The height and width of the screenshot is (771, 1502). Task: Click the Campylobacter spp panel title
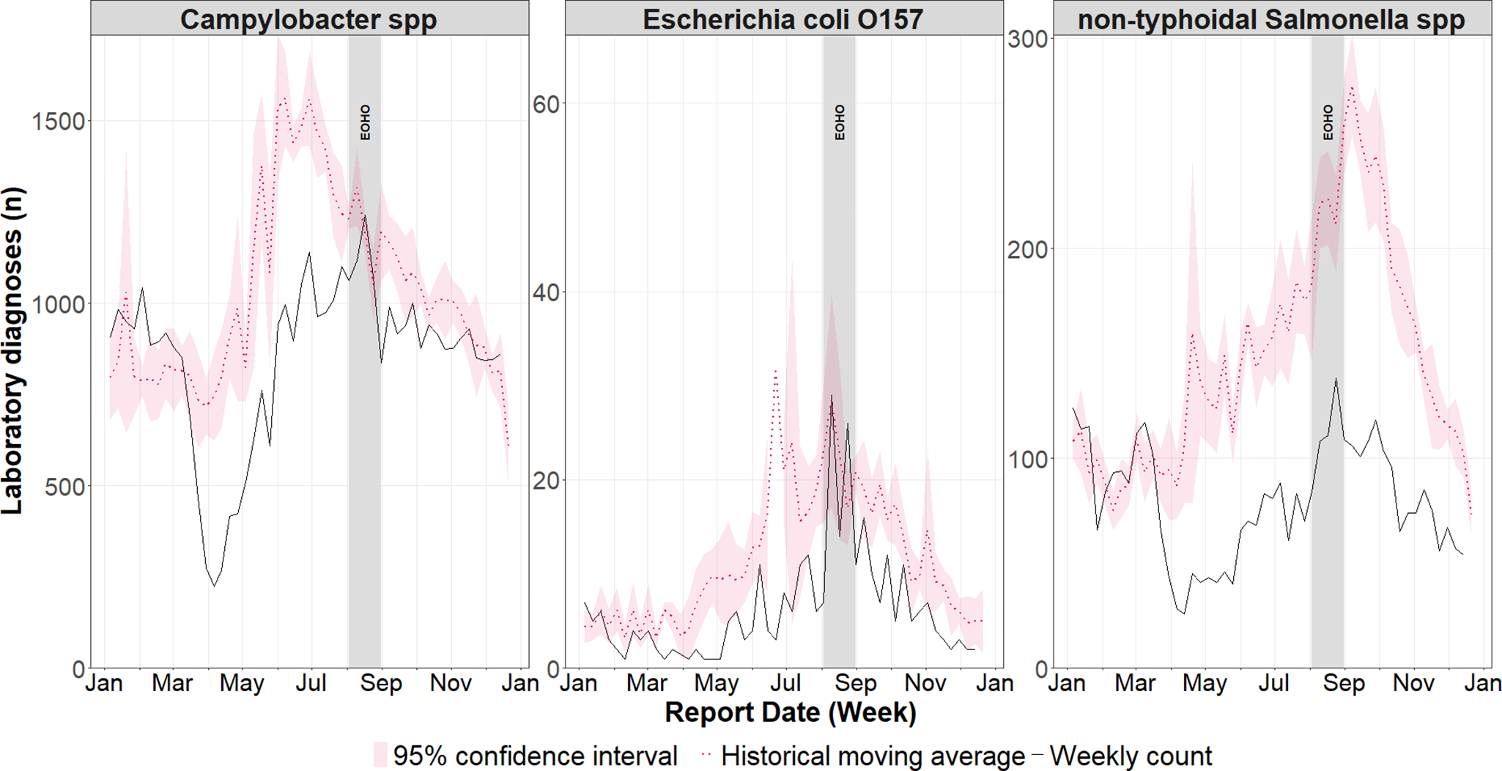(x=308, y=19)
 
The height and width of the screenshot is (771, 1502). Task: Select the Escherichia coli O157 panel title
(x=783, y=19)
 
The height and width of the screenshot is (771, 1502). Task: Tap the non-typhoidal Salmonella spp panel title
(x=1271, y=19)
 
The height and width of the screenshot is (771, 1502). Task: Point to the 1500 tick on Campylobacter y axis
(x=59, y=122)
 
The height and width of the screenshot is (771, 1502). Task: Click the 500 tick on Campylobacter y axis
(x=64, y=487)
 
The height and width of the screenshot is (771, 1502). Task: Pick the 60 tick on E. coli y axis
(x=545, y=104)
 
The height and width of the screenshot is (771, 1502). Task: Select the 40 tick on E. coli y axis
(x=545, y=292)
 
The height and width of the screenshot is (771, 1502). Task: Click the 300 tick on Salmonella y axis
(x=1027, y=40)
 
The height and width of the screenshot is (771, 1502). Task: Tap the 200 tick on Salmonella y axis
(x=1027, y=250)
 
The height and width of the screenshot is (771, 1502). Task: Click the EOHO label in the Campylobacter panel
(x=365, y=122)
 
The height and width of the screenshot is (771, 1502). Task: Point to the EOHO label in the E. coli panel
(x=840, y=122)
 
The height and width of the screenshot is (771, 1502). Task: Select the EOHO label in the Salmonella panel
(x=1328, y=122)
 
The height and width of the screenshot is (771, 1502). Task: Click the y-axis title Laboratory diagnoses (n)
(x=13, y=352)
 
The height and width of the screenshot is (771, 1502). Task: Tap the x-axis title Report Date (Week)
(x=790, y=712)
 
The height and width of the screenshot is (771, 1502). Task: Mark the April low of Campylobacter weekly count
(x=214, y=586)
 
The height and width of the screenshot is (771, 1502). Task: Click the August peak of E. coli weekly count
(x=832, y=396)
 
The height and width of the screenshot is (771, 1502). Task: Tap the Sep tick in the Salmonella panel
(x=1344, y=683)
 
